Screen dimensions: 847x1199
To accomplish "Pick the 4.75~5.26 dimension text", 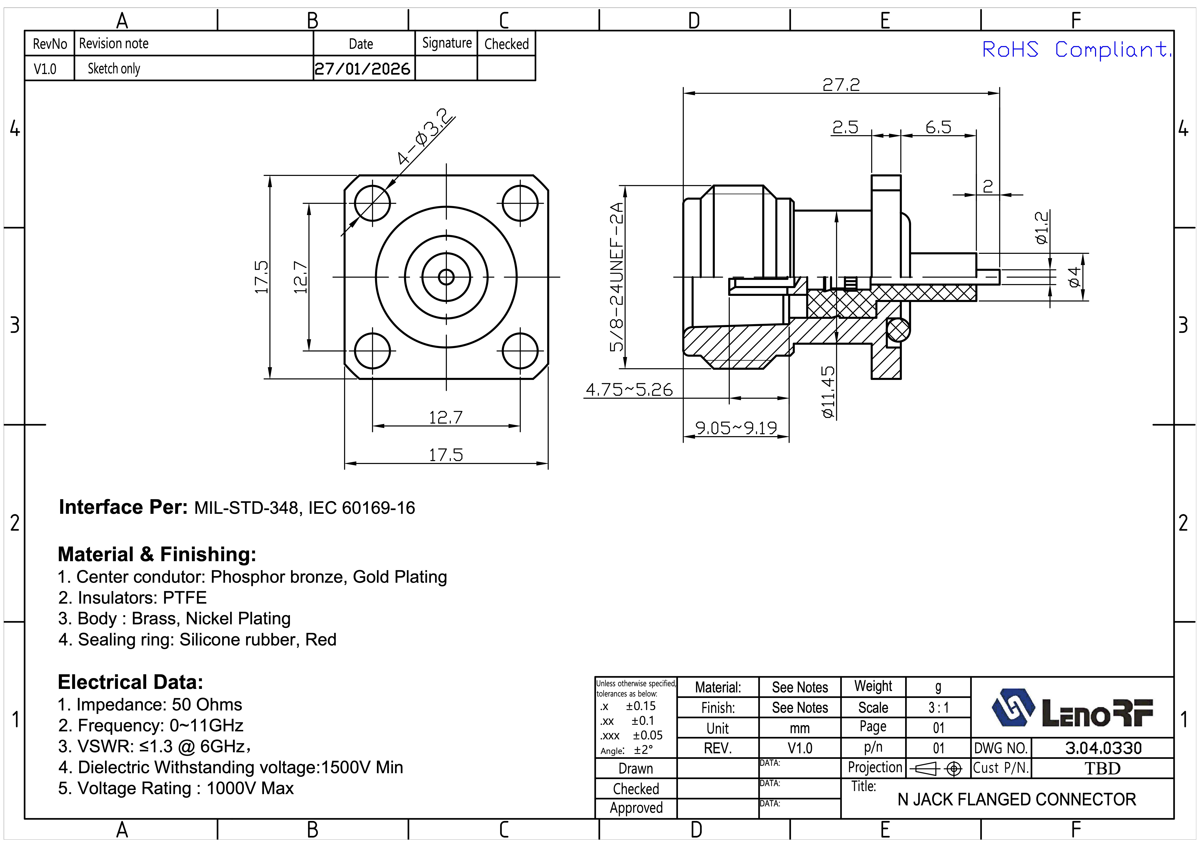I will [629, 390].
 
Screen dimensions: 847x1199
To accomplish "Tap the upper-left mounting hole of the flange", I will [372, 203].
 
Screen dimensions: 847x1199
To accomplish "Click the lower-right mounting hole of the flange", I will [520, 351].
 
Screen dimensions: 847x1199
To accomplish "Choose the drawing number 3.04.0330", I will [1103, 748].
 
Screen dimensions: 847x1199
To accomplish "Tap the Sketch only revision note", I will [114, 68].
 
